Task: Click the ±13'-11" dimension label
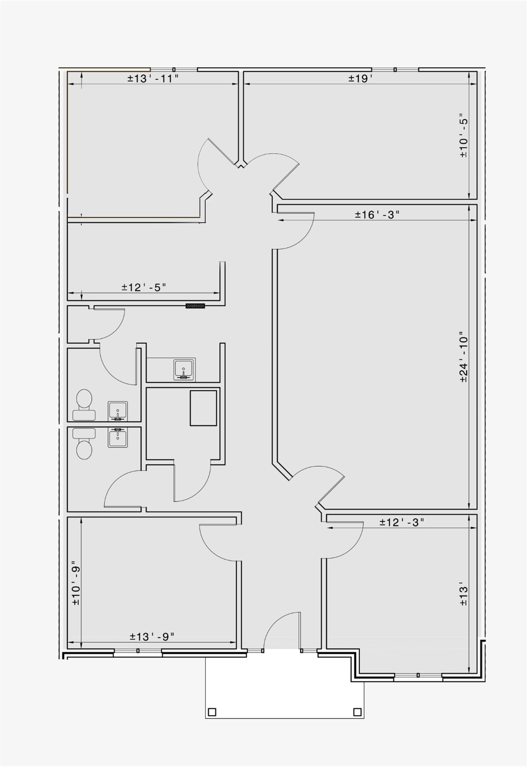point(153,79)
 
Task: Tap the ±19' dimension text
point(360,79)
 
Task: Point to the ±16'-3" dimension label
point(377,215)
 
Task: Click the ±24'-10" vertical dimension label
point(464,357)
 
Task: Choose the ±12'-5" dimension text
point(144,287)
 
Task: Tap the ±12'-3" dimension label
point(401,522)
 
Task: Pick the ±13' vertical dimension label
point(464,594)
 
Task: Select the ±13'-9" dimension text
point(152,636)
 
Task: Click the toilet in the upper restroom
point(84,405)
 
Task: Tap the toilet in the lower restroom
point(84,444)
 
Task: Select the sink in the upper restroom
point(118,411)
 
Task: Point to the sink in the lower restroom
point(118,437)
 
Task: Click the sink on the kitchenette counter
point(184,370)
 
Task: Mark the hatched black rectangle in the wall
point(195,306)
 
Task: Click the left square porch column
point(212,712)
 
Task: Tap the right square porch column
point(357,712)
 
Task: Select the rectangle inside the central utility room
point(203,408)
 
